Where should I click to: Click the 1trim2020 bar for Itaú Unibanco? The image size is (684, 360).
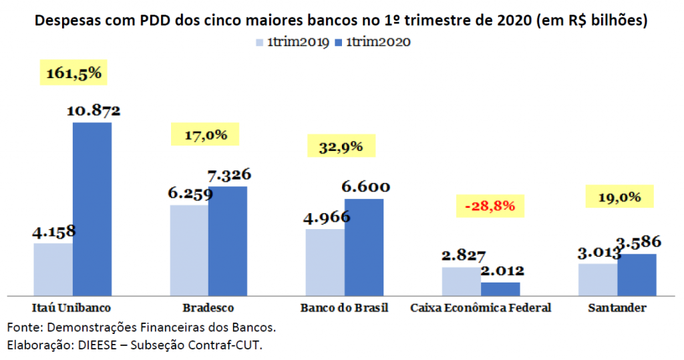(x=92, y=208)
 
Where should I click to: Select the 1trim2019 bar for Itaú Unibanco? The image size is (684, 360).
(x=53, y=268)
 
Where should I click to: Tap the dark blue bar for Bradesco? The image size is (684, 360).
(x=228, y=240)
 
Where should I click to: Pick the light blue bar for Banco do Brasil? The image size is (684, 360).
(x=325, y=262)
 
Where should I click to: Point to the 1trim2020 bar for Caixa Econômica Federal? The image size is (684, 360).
(x=500, y=289)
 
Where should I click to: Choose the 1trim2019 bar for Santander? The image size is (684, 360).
(x=598, y=279)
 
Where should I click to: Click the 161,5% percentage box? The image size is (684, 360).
(x=73, y=72)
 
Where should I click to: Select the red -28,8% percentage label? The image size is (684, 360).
(x=490, y=206)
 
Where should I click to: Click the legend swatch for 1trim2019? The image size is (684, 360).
(x=259, y=43)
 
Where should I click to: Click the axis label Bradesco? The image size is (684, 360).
(x=208, y=308)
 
